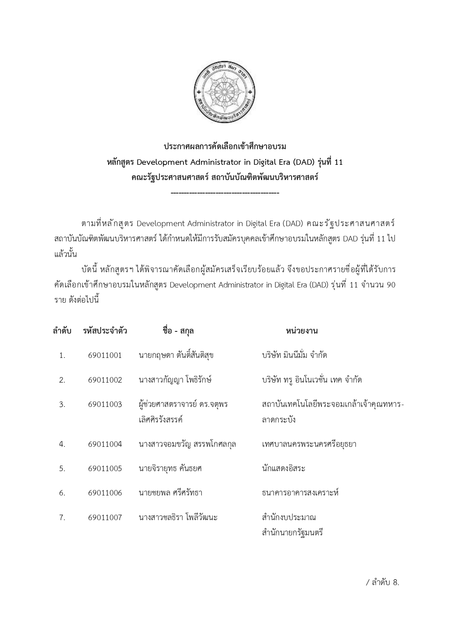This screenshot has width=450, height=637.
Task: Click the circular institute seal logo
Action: click(x=225, y=92)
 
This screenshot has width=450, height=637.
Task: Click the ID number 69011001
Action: click(x=105, y=355)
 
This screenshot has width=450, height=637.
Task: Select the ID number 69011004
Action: click(x=105, y=444)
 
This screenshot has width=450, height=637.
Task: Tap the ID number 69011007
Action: click(x=105, y=518)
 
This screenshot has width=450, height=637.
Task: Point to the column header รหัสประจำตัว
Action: click(x=105, y=331)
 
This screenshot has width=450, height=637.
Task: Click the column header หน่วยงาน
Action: click(x=302, y=331)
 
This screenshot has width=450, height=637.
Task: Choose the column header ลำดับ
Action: click(x=62, y=331)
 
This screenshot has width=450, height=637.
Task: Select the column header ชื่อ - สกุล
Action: click(x=178, y=331)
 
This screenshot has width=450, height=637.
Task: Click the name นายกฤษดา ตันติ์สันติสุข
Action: click(x=176, y=355)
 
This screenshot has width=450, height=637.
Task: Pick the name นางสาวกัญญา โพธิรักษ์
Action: click(x=175, y=380)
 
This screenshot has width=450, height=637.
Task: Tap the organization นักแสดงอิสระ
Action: click(x=283, y=469)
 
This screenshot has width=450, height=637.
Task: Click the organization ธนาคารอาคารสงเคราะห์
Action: click(x=300, y=493)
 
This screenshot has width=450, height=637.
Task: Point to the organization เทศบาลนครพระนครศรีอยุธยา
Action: click(x=309, y=444)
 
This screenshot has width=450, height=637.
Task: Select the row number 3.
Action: click(x=62, y=404)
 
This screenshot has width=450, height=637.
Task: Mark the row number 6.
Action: click(x=62, y=493)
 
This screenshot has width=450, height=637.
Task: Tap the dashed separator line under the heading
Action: click(x=225, y=193)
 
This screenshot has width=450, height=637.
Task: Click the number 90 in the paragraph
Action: click(x=391, y=285)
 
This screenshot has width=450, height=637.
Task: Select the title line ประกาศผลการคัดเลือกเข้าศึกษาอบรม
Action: click(x=225, y=147)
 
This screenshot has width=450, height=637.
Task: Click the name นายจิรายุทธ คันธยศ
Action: click(x=170, y=469)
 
